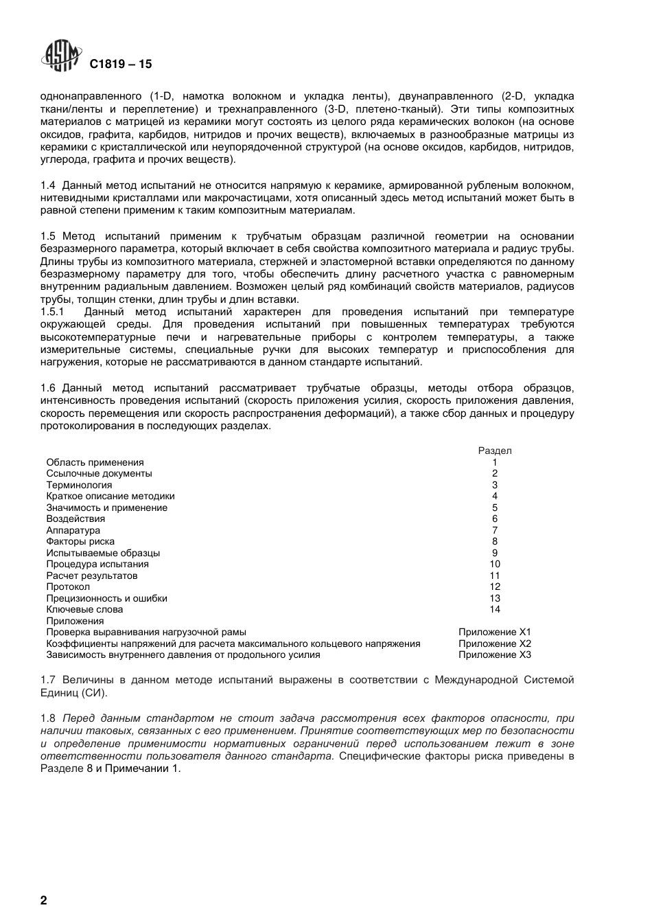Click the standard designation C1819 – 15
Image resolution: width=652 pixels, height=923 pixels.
coord(120,65)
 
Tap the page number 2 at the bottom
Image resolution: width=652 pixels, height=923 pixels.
coord(44,900)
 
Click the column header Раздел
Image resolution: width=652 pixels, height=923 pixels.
coord(494,451)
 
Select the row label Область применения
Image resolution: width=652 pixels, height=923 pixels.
coord(95,463)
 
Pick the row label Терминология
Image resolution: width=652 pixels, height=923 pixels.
coord(79,486)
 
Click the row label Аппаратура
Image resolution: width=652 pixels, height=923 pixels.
coord(73,531)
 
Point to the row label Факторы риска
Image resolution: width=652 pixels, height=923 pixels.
coord(80,542)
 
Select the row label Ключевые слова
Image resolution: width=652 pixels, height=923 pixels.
coord(84,610)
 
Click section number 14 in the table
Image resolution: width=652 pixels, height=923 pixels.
coord(495,610)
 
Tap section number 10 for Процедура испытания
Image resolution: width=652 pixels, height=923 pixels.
coord(495,565)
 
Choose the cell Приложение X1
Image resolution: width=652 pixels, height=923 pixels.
coord(494,633)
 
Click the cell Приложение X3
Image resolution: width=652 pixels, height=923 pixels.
coord(494,655)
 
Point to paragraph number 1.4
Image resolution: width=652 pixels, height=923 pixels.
coord(47,185)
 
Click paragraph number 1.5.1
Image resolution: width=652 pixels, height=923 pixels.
coord(52,312)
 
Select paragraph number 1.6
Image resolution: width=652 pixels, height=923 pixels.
coord(47,388)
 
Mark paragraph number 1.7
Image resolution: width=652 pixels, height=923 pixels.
coord(47,681)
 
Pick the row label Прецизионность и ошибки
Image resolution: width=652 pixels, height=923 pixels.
coord(106,599)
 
